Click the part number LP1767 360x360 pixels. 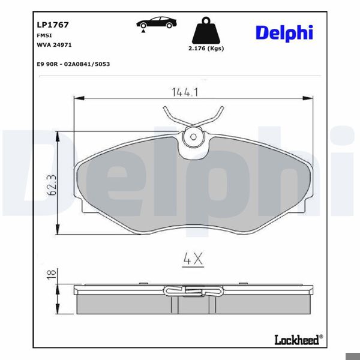pos(53,25)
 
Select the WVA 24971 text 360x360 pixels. pos(54,45)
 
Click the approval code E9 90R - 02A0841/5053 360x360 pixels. pos(73,64)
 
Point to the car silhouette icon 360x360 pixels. pos(157,23)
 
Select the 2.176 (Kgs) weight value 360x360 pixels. pos(206,49)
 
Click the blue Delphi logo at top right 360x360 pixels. pos(284,33)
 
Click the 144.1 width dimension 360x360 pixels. pos(185,92)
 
